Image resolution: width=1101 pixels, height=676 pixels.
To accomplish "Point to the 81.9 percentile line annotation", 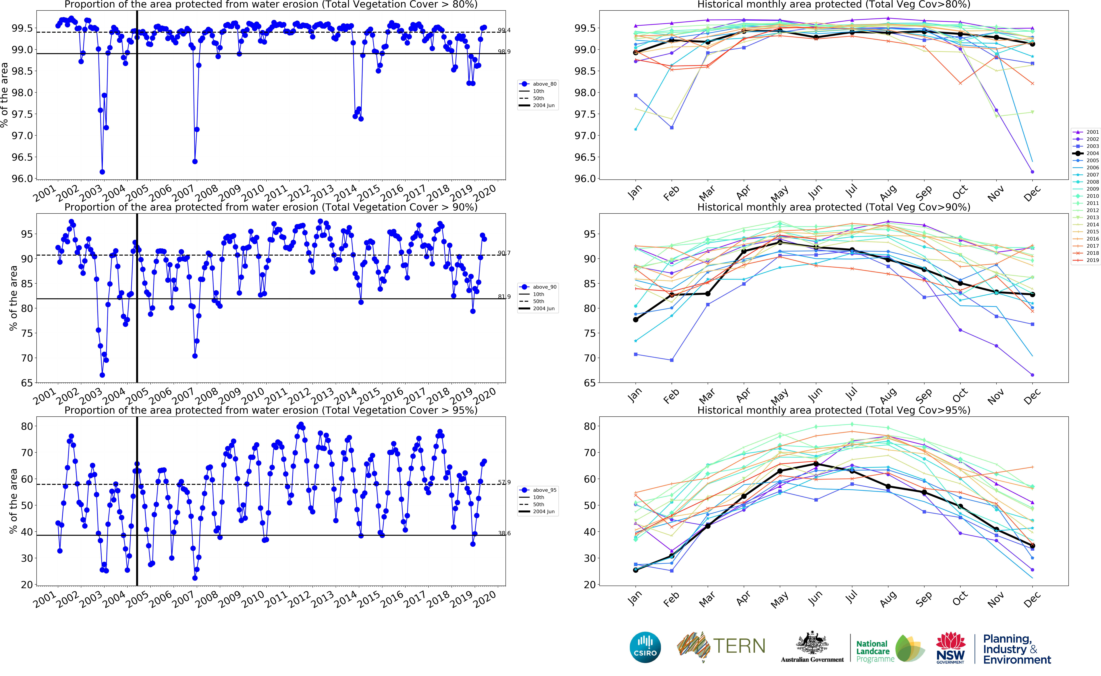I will [504, 296].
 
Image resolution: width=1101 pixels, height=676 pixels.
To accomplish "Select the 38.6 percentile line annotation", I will [504, 533].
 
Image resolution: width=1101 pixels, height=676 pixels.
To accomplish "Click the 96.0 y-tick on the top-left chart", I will [22, 178].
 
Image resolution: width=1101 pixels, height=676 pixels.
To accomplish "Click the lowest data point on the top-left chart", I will [102, 172].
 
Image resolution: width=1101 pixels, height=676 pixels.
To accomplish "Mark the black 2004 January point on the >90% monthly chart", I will [635, 320].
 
